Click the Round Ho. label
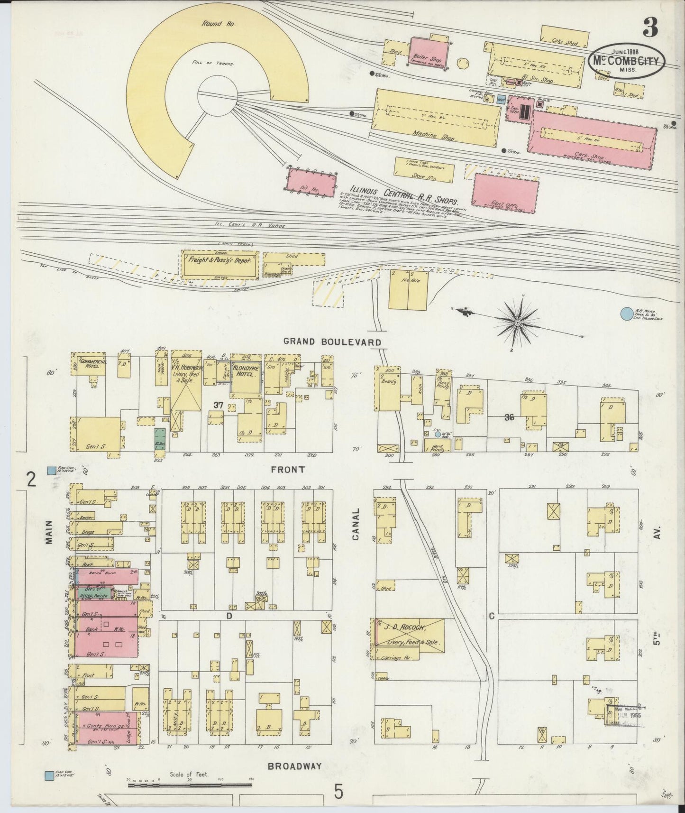(x=212, y=23)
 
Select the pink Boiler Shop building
(x=428, y=54)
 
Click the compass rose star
(x=518, y=323)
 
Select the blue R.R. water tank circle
(x=627, y=314)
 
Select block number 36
(x=510, y=417)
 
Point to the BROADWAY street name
(x=294, y=766)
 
